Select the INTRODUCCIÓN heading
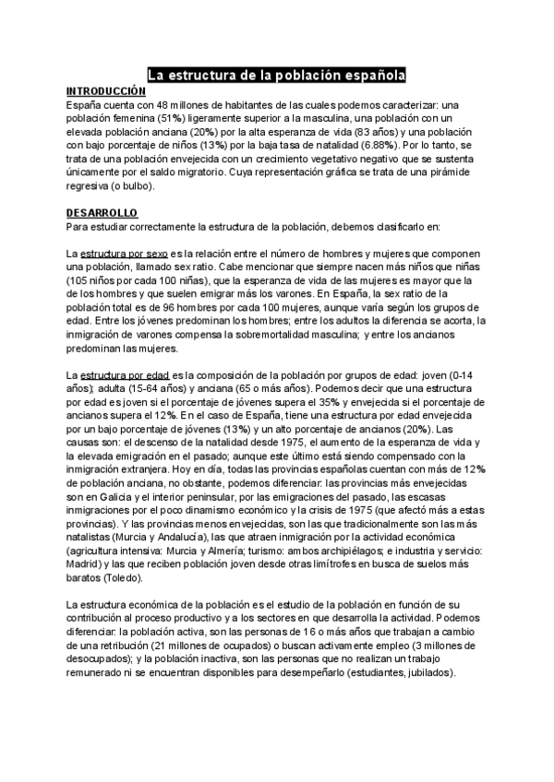pyautogui.click(x=106, y=92)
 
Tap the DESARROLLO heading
pyautogui.click(x=102, y=212)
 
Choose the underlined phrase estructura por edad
pyautogui.click(x=117, y=375)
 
